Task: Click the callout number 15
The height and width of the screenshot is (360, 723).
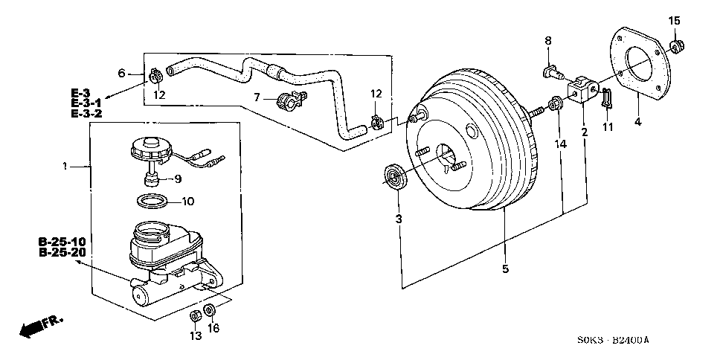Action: click(x=674, y=21)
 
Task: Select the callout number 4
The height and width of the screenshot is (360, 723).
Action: click(x=637, y=122)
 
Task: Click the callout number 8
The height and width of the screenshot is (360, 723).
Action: click(x=547, y=41)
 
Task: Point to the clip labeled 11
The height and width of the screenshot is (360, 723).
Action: click(x=607, y=97)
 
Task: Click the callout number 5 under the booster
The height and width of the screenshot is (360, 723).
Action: click(x=505, y=269)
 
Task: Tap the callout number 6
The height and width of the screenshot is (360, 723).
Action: click(x=122, y=72)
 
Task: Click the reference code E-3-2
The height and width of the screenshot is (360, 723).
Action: click(x=86, y=113)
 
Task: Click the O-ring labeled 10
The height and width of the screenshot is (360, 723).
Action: click(x=153, y=201)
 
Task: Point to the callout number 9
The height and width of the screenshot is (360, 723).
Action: click(x=177, y=179)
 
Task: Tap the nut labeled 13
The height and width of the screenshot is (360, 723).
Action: click(x=194, y=315)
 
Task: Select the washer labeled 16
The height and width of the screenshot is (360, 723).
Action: click(x=211, y=310)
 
